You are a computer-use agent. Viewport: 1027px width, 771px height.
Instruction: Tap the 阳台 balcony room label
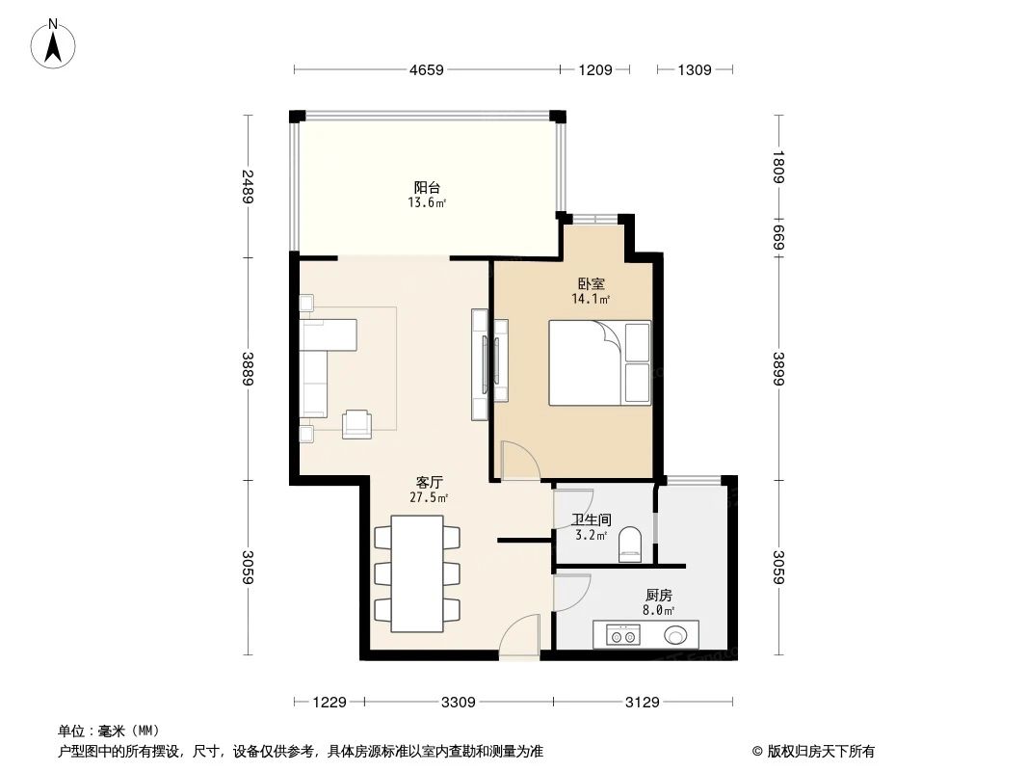tap(428, 187)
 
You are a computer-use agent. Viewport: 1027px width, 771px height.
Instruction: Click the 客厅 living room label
tap(430, 482)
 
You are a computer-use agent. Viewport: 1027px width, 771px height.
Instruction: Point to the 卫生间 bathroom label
tap(591, 519)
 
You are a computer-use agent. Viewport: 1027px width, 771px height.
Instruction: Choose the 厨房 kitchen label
tap(658, 596)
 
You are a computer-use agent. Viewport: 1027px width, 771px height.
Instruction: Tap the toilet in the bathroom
tap(629, 544)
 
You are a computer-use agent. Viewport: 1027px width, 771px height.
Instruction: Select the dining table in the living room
tap(417, 572)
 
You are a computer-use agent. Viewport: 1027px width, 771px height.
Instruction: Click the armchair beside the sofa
tap(356, 423)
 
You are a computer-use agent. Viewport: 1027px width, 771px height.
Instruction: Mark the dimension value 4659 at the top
tap(426, 69)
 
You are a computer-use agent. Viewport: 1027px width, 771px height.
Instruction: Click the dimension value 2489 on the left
tap(248, 186)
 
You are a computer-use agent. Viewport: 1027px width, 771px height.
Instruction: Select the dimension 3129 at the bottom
tap(642, 703)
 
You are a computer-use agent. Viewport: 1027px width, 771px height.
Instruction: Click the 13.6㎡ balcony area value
tap(428, 203)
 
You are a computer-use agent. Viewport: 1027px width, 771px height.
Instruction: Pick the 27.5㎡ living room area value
tap(430, 498)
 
